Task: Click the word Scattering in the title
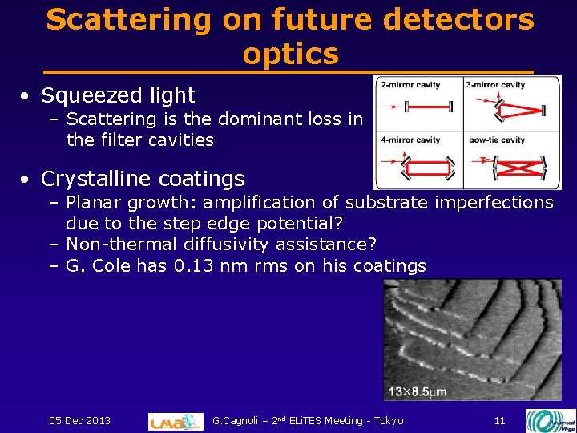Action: [x=129, y=19]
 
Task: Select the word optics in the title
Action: [x=290, y=54]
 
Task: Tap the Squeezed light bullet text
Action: [x=118, y=95]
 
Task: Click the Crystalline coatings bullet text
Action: [x=143, y=178]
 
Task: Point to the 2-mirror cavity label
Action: [x=411, y=85]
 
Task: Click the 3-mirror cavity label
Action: [x=495, y=85]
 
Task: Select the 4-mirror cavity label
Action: [x=411, y=140]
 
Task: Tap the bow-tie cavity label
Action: [x=497, y=140]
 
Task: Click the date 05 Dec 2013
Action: [x=80, y=420]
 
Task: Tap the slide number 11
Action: [x=499, y=420]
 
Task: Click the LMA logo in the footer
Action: [x=176, y=421]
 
